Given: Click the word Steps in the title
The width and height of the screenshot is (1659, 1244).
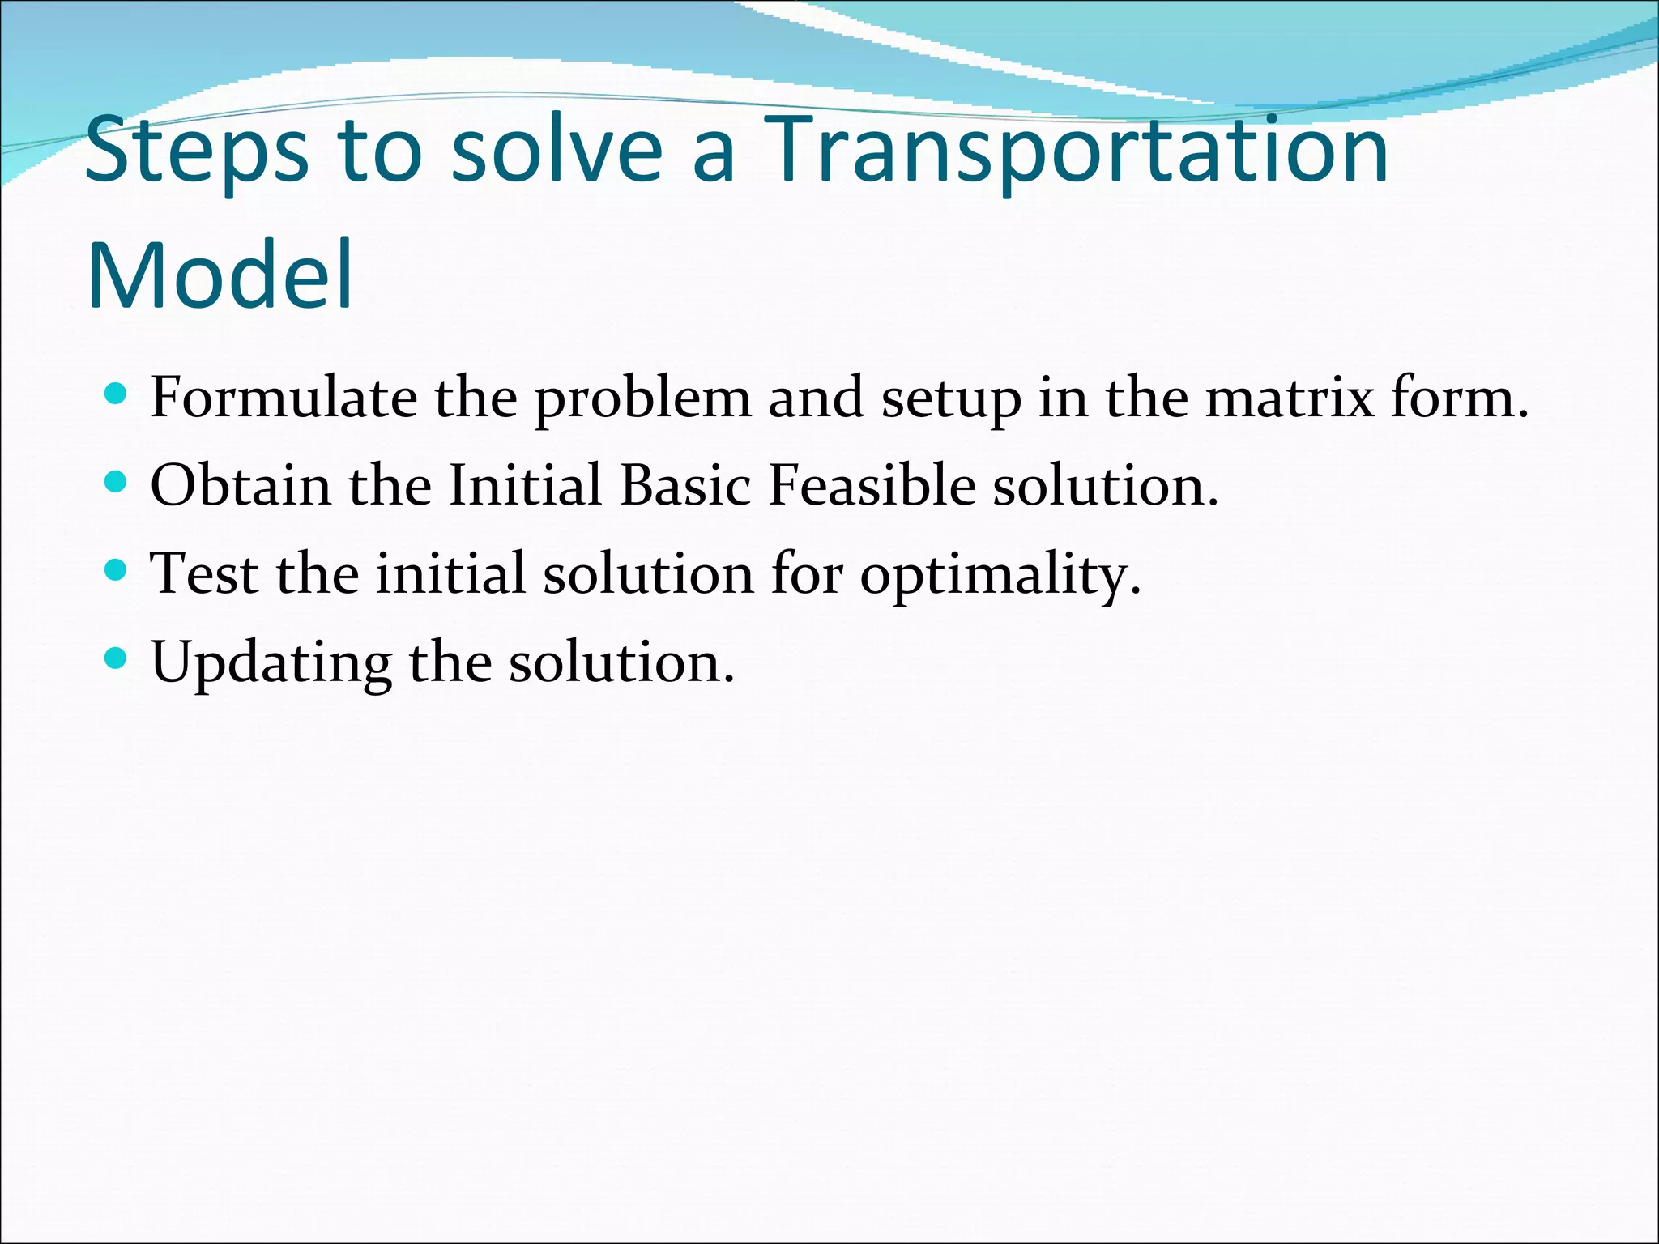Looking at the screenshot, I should coord(196,151).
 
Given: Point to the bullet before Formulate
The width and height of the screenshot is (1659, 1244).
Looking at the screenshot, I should coord(117,394).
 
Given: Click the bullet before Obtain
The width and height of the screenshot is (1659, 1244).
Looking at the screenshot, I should coord(117,483).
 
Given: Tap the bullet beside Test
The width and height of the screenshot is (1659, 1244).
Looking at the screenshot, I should coord(117,571).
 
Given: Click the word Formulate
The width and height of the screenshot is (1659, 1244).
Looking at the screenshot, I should coord(283,398).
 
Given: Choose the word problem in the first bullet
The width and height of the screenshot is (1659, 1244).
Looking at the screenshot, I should coord(642,399).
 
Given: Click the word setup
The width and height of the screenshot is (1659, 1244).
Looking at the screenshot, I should coord(951,399).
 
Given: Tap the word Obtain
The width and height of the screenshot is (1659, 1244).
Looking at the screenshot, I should coord(241,485).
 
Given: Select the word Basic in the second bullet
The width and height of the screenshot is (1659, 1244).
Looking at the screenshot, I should coord(686,485).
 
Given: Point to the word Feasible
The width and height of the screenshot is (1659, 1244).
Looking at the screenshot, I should coord(872,485).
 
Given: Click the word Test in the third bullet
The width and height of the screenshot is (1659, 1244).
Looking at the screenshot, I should coord(205,573).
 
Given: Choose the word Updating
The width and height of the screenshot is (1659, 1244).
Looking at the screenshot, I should coord(271,663).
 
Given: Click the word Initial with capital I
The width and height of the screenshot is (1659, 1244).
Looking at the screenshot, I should coord(525,485).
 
